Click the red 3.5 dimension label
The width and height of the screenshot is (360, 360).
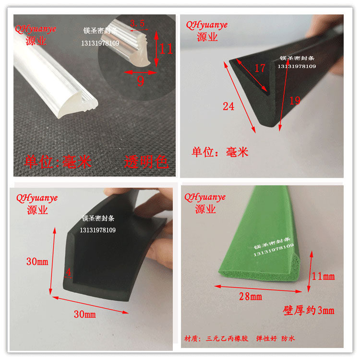click(137, 23)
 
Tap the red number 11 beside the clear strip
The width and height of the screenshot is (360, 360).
click(166, 48)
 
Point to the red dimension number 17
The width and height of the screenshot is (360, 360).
click(260, 68)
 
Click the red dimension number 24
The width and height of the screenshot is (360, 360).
click(228, 106)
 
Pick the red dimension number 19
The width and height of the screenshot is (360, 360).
click(295, 100)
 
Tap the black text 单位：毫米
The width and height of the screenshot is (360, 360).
click(220, 152)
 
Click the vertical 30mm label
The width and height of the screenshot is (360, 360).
click(37, 262)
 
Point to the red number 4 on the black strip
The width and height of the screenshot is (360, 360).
click(68, 272)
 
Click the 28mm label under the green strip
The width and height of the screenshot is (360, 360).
click(251, 297)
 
